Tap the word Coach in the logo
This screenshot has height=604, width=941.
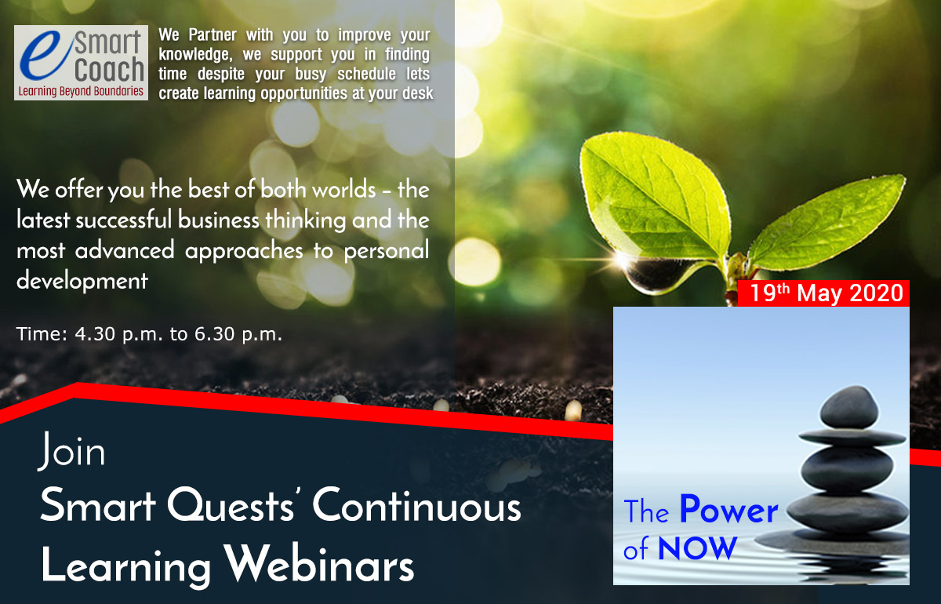[110, 70]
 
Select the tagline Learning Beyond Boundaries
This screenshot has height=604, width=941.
[81, 91]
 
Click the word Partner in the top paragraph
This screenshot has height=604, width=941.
[213, 35]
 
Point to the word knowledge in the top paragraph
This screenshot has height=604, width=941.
[195, 55]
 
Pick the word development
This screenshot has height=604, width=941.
[82, 281]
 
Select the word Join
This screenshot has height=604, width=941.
[71, 451]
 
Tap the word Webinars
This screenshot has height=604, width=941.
[318, 563]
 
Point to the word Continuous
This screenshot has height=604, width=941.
[416, 505]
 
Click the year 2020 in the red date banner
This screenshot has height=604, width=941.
[877, 293]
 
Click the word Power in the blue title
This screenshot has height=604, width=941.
[729, 510]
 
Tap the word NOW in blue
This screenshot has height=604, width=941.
[697, 548]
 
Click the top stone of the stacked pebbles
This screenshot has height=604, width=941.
[849, 407]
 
